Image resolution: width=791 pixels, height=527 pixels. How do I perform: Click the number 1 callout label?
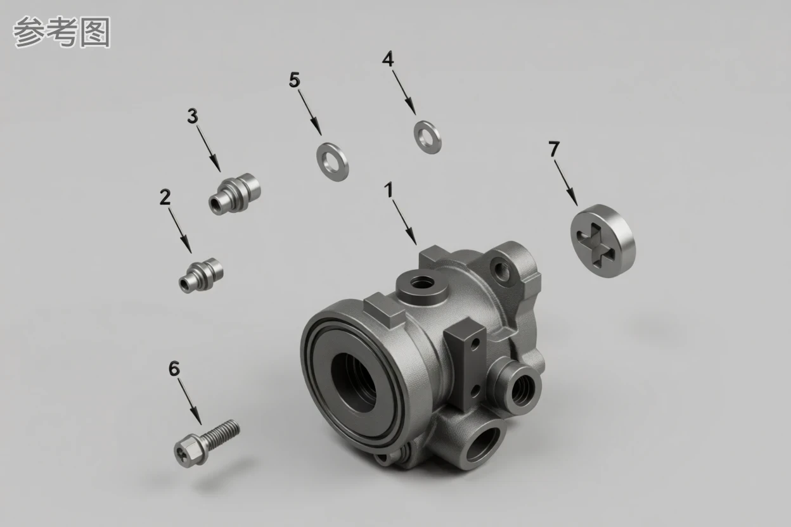point(389,190)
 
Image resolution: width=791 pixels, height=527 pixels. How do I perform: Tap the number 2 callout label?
point(165,197)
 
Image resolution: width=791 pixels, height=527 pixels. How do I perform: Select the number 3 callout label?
point(193,116)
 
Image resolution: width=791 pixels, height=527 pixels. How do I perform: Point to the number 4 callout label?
point(388,59)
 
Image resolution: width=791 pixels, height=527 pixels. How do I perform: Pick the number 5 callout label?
point(295,79)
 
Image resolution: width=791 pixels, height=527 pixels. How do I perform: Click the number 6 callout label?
point(174,369)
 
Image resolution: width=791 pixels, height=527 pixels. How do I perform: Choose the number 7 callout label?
point(554,149)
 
